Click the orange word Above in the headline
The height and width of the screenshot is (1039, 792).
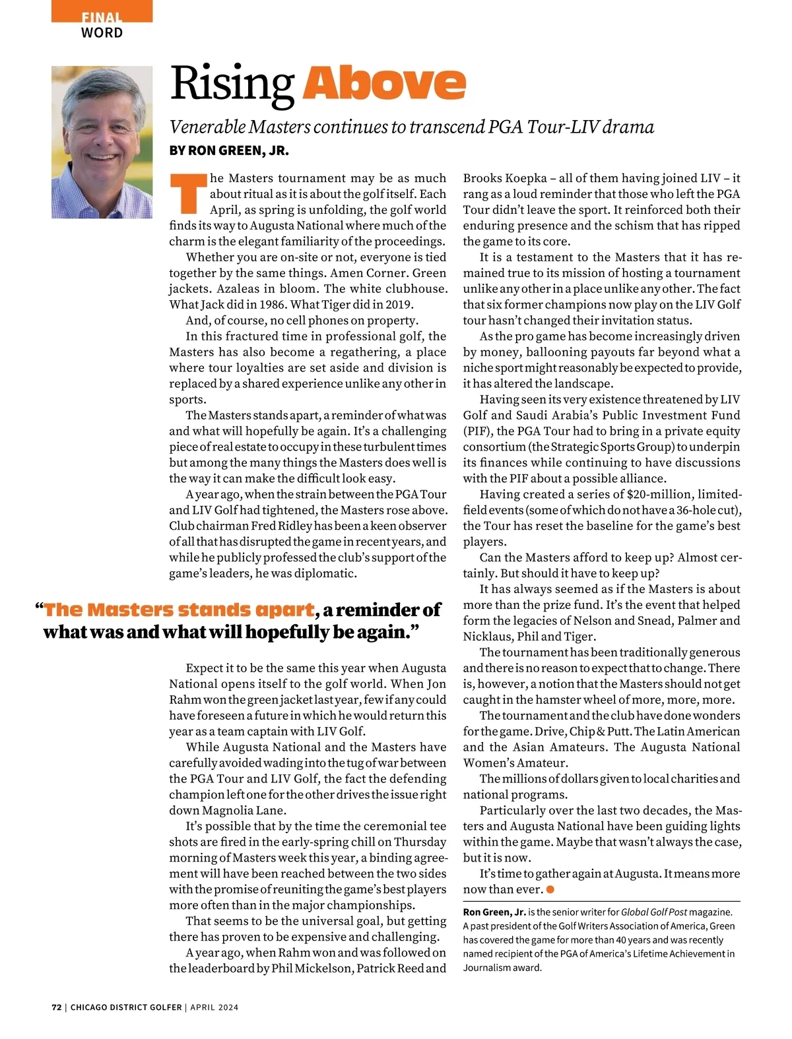pyautogui.click(x=384, y=84)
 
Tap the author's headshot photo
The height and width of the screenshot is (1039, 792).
pyautogui.click(x=102, y=142)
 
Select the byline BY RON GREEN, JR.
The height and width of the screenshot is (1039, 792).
pyautogui.click(x=229, y=150)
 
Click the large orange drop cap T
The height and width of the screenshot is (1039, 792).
pyautogui.click(x=187, y=194)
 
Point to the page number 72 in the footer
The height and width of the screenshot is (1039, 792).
pyautogui.click(x=56, y=1007)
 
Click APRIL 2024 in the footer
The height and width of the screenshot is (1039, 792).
pyautogui.click(x=214, y=1007)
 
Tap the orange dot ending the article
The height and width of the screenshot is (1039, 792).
pyautogui.click(x=550, y=889)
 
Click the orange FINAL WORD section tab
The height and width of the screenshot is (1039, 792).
pyautogui.click(x=102, y=25)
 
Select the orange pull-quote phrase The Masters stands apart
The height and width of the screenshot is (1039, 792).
pyautogui.click(x=179, y=610)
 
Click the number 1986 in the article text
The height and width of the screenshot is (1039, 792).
pyautogui.click(x=261, y=305)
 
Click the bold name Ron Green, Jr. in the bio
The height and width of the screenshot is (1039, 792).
pyautogui.click(x=494, y=912)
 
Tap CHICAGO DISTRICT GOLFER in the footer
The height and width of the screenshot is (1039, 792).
pyautogui.click(x=126, y=1007)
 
